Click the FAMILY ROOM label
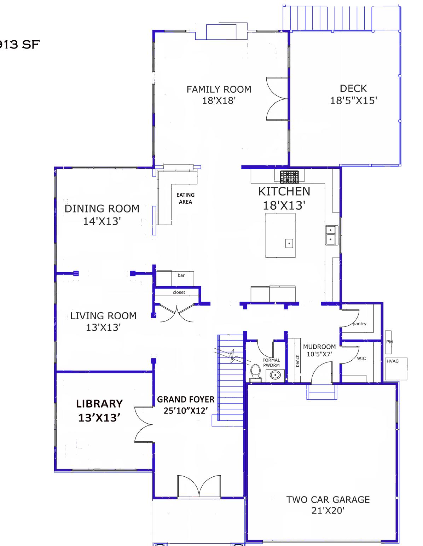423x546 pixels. (x=219, y=89)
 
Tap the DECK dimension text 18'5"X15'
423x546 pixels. (x=353, y=100)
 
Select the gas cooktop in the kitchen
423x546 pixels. (x=289, y=177)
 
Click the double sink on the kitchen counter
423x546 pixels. (x=331, y=235)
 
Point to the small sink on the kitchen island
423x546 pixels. (x=289, y=243)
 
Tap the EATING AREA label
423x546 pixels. (x=185, y=198)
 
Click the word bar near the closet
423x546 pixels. (x=181, y=275)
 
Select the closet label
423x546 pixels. (x=179, y=292)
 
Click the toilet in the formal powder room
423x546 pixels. (x=255, y=373)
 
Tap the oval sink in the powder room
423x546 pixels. (x=275, y=375)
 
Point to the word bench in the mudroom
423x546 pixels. (x=298, y=361)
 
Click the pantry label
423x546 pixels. (x=359, y=324)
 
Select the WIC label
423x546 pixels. (x=361, y=359)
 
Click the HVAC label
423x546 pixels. (x=392, y=361)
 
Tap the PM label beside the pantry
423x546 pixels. (x=389, y=342)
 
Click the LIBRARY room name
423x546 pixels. (x=99, y=403)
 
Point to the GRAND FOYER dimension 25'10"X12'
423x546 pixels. (x=186, y=410)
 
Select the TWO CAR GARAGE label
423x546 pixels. (x=328, y=500)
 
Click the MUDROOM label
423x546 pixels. (x=319, y=347)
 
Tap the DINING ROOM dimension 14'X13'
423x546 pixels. (x=102, y=221)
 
